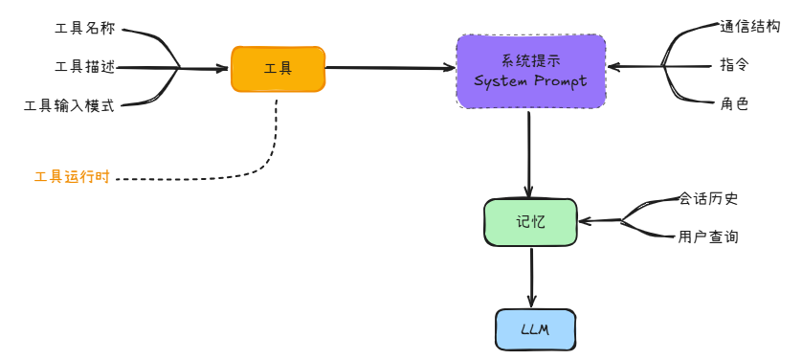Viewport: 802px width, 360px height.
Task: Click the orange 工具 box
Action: [278, 69]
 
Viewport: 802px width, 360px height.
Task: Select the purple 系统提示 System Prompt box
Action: [531, 71]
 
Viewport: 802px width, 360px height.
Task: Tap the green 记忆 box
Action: [530, 222]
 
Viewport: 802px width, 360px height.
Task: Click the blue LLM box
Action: [535, 329]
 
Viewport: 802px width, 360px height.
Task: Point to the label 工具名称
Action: [84, 30]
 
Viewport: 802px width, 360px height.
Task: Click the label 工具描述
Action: [84, 67]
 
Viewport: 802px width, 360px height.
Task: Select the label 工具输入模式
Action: [69, 105]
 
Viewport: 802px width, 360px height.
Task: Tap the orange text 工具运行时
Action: [72, 178]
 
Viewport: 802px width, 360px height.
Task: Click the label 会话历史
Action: [708, 199]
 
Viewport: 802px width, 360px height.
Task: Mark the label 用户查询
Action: [708, 236]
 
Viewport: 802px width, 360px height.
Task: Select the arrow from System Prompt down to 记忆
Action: [528, 153]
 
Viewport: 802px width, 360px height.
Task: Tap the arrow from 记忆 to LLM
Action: [531, 278]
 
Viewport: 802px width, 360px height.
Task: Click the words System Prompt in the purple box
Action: [530, 81]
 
